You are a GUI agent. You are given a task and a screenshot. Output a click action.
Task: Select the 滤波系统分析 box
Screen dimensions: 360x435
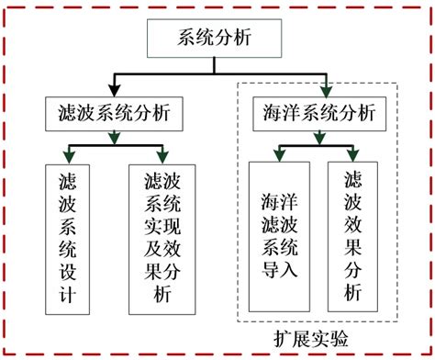(112, 114)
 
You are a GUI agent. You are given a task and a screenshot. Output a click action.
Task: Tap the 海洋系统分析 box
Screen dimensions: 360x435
(319, 114)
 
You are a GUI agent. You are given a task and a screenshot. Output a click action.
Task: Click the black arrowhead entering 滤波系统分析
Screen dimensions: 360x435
(113, 90)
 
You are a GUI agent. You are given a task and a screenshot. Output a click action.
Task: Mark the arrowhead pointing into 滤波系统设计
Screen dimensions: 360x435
(67, 156)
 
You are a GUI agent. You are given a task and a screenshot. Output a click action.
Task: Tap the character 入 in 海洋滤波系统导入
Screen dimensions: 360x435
(278, 272)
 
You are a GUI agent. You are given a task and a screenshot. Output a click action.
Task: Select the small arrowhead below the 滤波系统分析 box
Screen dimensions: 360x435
(113, 138)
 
